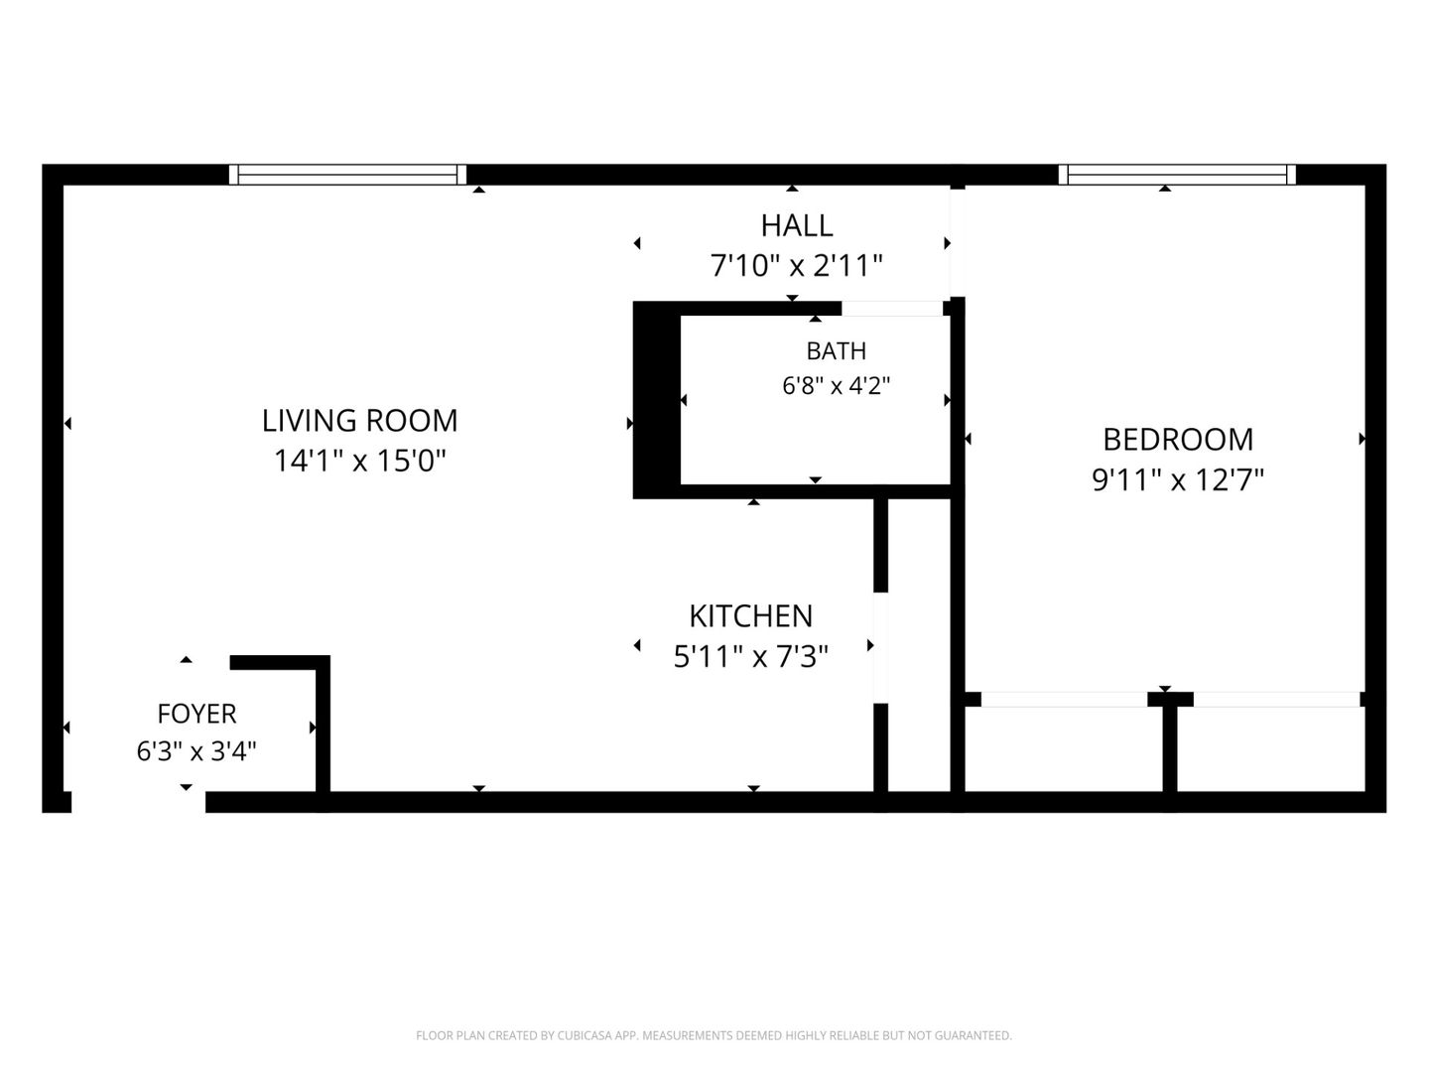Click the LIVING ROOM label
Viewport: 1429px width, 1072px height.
point(359,421)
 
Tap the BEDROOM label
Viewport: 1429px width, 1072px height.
point(1178,440)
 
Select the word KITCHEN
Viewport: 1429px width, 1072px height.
point(750,615)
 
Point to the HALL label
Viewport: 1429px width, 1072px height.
point(796,226)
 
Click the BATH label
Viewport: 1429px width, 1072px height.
point(836,351)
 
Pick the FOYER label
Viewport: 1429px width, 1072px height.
point(196,714)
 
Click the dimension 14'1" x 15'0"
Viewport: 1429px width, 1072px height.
point(359,461)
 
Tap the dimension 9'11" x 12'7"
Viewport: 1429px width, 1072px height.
point(1178,480)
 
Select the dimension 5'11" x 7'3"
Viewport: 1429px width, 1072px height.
point(750,656)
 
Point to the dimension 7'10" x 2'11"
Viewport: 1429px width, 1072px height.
point(796,266)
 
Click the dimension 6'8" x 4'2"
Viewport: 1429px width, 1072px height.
point(836,386)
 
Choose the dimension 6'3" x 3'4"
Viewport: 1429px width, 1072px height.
point(196,751)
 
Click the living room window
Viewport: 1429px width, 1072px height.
point(347,175)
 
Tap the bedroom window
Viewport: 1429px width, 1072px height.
point(1177,175)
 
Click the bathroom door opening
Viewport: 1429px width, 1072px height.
point(892,309)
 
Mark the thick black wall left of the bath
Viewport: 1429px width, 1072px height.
point(656,400)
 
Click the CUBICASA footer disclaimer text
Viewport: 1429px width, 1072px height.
point(714,1035)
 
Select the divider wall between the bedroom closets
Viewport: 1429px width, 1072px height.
point(1170,749)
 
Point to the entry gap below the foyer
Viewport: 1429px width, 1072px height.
point(138,802)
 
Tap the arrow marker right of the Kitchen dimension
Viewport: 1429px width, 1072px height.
point(870,645)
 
